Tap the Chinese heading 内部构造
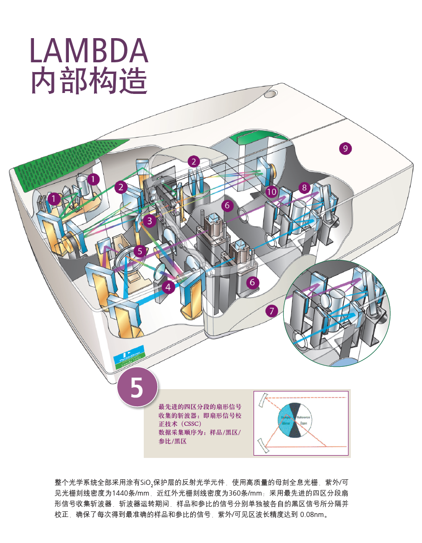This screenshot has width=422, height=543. point(89,82)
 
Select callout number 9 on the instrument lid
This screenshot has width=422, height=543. point(345,149)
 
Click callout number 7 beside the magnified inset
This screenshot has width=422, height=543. point(272,311)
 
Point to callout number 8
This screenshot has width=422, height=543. point(304,188)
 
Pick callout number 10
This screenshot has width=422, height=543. point(272,192)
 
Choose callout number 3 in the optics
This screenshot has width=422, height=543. point(149,221)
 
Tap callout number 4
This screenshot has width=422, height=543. point(168,287)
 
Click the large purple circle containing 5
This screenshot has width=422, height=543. point(137,388)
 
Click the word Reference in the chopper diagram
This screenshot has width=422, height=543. point(303,417)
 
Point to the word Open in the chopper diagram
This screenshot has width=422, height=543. point(303,424)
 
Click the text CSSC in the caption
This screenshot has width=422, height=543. point(192,424)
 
